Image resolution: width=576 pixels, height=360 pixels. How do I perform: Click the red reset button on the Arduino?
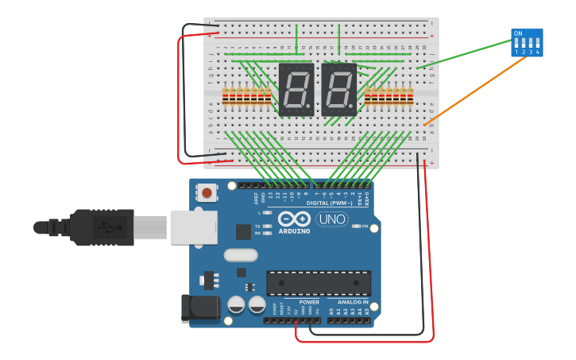(207, 192)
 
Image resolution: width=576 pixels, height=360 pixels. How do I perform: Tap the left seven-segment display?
(296, 89)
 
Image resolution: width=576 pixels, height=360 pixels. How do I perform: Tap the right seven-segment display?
(338, 89)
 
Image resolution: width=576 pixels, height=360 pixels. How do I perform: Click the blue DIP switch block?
(527, 42)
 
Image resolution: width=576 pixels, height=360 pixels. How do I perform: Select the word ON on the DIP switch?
(519, 33)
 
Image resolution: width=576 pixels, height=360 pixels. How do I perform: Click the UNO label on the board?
(332, 219)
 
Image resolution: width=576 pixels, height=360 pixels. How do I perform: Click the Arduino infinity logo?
(294, 219)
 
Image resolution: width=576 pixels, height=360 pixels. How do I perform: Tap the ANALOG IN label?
(354, 302)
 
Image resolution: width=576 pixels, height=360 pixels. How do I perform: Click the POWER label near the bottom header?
(309, 302)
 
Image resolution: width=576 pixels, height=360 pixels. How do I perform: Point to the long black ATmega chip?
(319, 283)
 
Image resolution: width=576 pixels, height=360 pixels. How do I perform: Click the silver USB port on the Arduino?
(191, 226)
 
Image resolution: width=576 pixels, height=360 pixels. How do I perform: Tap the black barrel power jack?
(200, 308)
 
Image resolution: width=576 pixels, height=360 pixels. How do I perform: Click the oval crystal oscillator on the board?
(241, 255)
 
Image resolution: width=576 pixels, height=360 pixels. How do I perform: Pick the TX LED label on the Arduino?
(258, 226)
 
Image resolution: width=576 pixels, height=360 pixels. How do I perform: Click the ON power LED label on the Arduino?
(365, 226)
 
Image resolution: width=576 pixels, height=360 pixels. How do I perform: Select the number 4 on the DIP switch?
(538, 52)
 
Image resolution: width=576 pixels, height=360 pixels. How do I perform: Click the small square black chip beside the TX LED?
(243, 231)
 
